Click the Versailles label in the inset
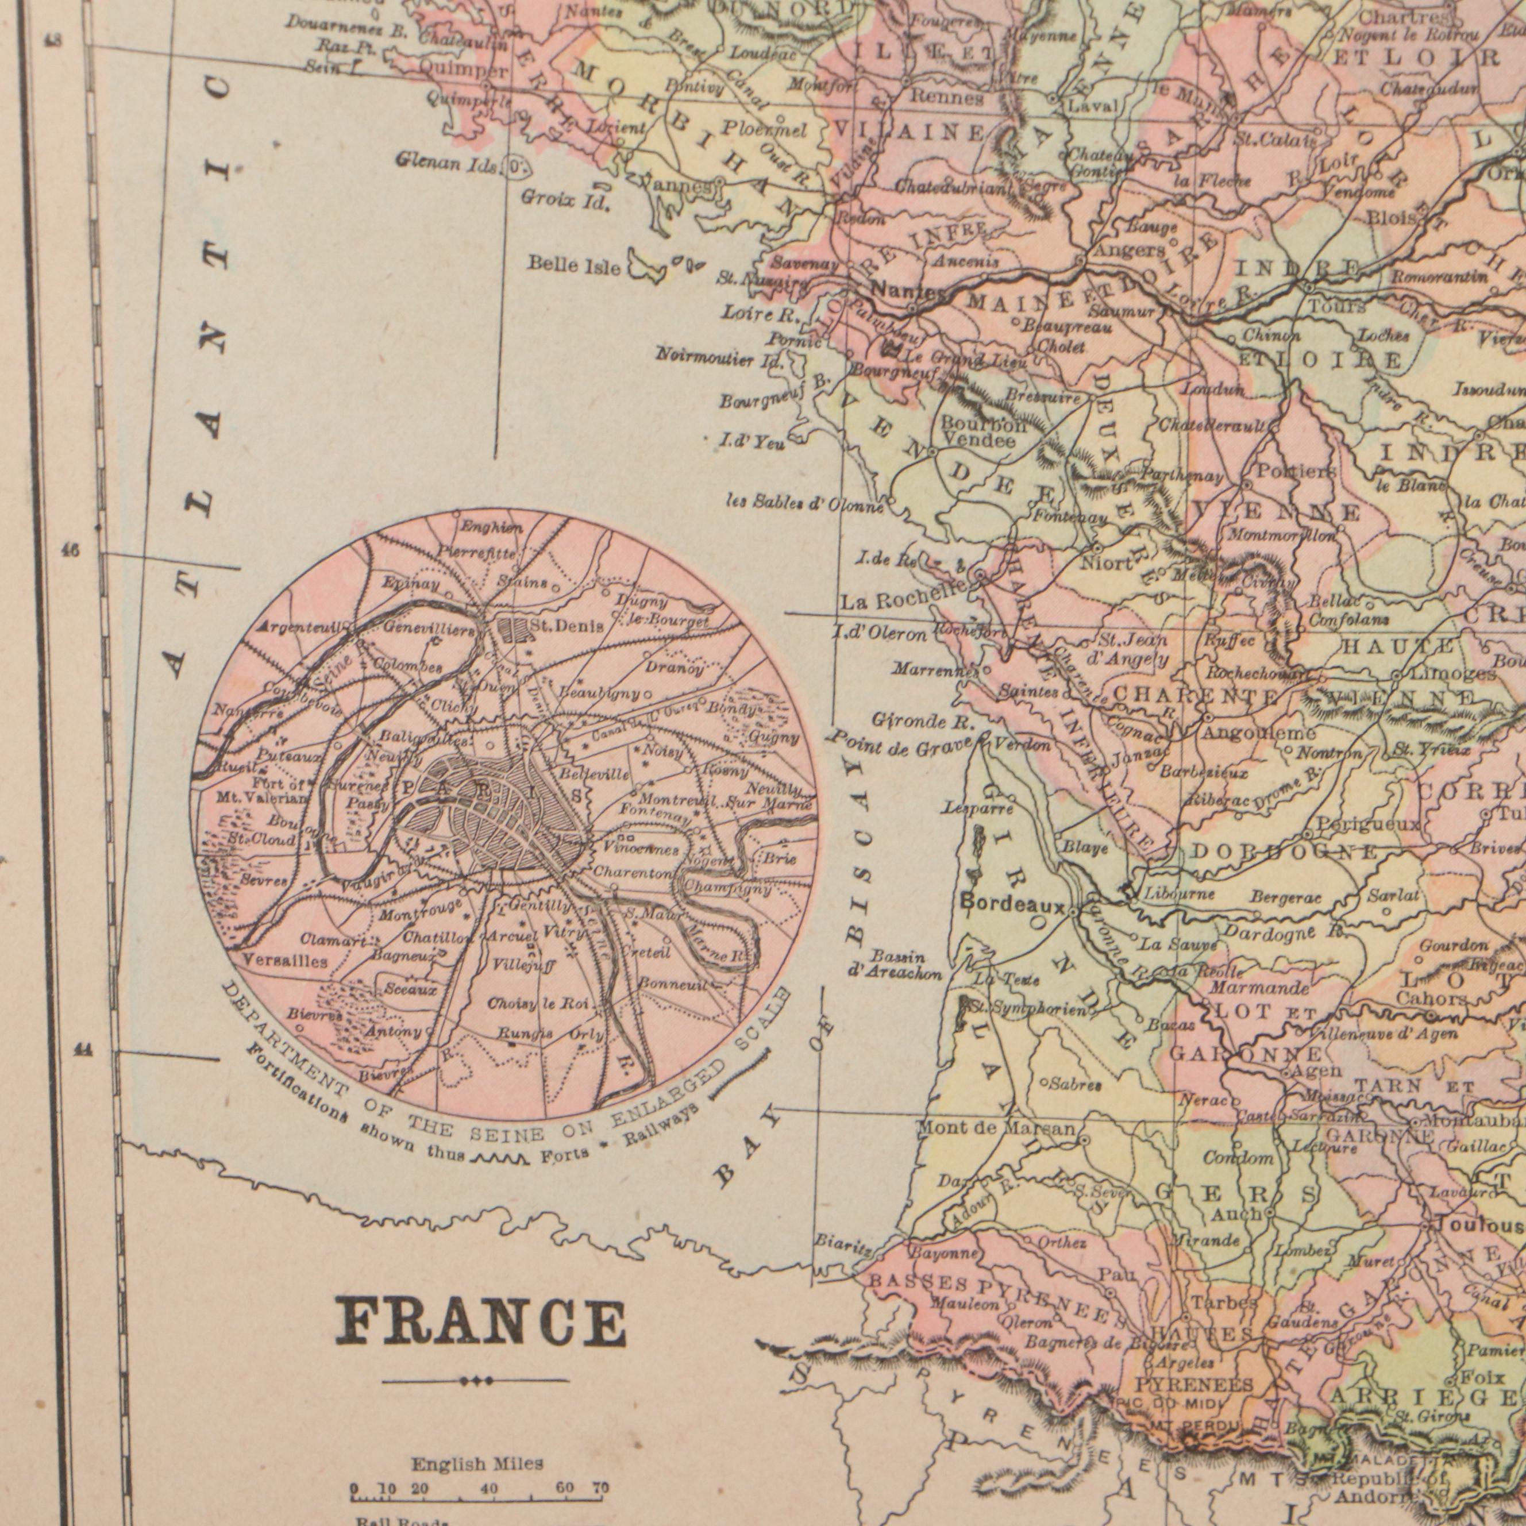[x=274, y=961]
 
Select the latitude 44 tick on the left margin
[x=82, y=1050]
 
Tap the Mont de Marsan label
[x=995, y=1129]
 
